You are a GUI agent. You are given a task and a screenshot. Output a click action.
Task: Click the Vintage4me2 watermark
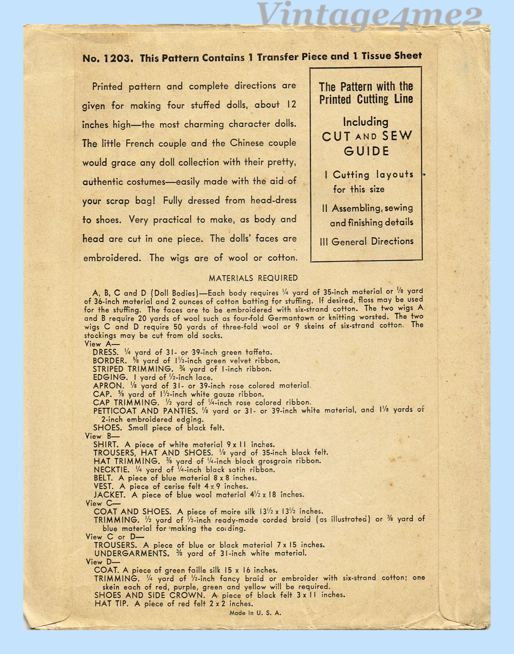[x=370, y=14]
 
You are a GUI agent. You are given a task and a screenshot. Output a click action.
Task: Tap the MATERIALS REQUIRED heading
[x=253, y=278]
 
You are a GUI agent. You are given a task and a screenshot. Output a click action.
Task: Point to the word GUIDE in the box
[x=366, y=151]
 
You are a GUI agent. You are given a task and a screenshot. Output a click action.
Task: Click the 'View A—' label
[x=98, y=344]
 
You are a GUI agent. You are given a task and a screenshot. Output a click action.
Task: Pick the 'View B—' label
[x=98, y=436]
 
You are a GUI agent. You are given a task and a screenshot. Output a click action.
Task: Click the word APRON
[x=108, y=386]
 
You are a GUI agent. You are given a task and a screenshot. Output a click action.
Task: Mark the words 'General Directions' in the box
[x=372, y=241]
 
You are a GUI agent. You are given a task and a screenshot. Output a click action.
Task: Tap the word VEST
[x=103, y=486]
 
